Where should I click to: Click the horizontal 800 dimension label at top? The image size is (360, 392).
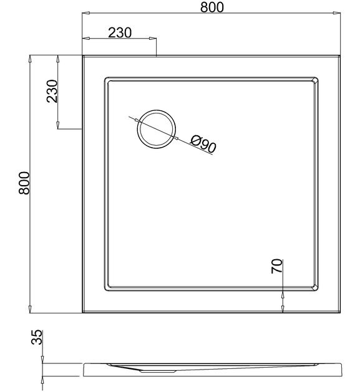(212, 7)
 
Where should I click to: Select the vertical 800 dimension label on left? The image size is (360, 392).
(24, 183)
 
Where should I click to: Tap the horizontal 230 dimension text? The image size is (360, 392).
(120, 33)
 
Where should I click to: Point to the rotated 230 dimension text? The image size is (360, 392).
(52, 91)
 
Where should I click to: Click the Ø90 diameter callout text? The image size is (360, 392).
(203, 144)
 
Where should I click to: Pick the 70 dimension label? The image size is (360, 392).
(277, 266)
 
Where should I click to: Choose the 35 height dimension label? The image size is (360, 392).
(37, 337)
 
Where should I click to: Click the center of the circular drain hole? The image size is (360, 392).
(156, 129)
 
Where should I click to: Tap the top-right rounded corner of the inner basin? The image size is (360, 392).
(316, 80)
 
